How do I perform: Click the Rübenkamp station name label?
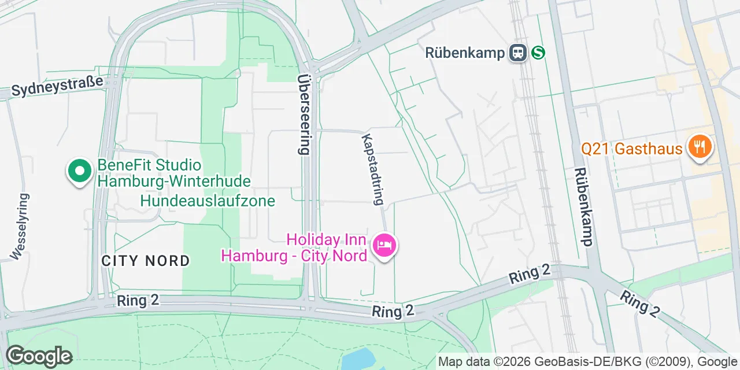click(465, 53)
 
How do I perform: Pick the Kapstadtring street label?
click(372, 169)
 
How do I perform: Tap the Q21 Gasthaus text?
click(631, 149)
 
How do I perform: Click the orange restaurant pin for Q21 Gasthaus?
click(700, 146)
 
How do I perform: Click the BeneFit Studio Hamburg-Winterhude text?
click(174, 173)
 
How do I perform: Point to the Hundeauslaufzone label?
click(208, 201)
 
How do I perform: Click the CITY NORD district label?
click(146, 261)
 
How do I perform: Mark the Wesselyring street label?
click(19, 226)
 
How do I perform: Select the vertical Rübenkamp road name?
click(583, 206)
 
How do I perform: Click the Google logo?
click(39, 356)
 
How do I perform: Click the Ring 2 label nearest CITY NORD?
click(138, 301)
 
